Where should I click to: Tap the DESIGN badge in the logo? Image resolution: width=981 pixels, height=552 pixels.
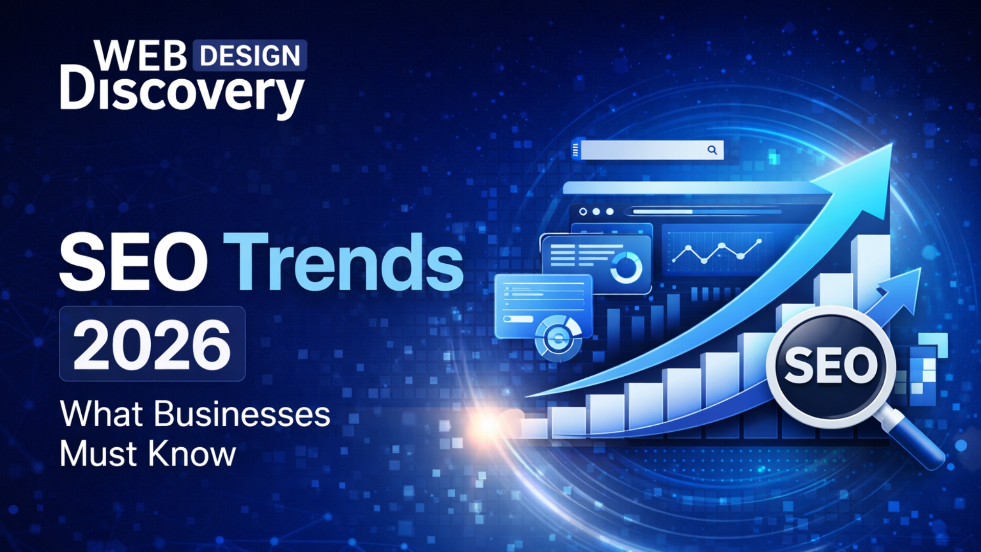(250, 56)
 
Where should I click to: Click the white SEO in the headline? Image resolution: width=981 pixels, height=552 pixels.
(133, 262)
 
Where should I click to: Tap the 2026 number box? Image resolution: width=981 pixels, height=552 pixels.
(152, 344)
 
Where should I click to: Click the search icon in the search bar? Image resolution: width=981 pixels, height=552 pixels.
(712, 150)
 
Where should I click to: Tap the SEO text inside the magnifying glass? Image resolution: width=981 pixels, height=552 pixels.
(831, 365)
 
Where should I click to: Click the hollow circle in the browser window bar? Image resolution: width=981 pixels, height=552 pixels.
(583, 212)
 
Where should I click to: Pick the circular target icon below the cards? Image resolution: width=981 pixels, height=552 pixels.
(558, 337)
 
